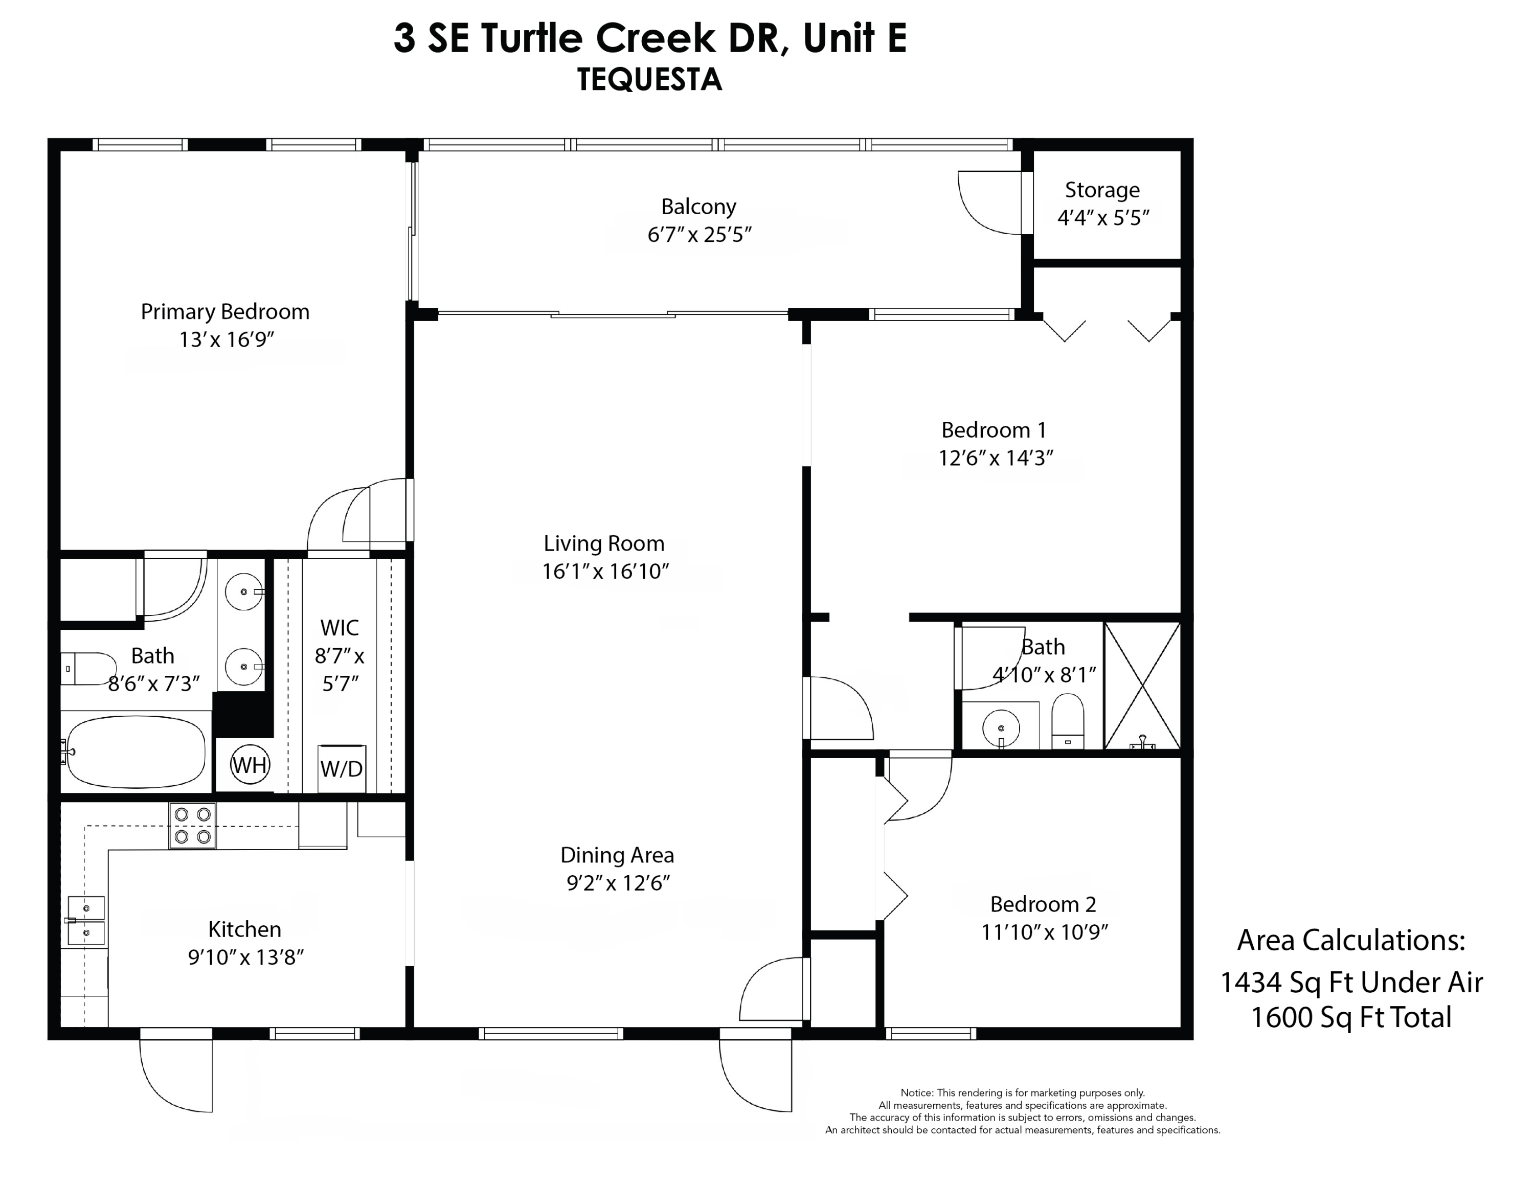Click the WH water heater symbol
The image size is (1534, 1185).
click(x=250, y=764)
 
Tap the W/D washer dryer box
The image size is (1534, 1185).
click(x=342, y=769)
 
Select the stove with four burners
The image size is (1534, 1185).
click(x=192, y=826)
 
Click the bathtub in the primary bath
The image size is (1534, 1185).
click(x=136, y=752)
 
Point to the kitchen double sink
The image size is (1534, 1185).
click(x=86, y=920)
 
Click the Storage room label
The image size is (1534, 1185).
click(x=1101, y=190)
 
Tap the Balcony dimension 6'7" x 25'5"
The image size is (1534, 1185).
click(x=699, y=235)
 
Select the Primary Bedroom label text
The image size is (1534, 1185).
click(x=225, y=312)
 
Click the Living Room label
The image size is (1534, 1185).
click(x=604, y=543)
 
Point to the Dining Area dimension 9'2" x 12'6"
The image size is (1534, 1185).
click(x=617, y=883)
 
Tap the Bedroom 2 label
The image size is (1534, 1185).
click(x=1043, y=904)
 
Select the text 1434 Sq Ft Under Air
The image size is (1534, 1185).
click(x=1350, y=982)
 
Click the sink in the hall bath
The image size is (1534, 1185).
click(x=1000, y=727)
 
